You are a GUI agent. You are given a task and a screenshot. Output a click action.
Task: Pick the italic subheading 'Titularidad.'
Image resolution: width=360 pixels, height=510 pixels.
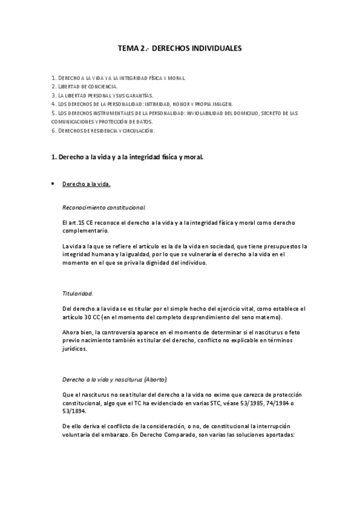[78, 293]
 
